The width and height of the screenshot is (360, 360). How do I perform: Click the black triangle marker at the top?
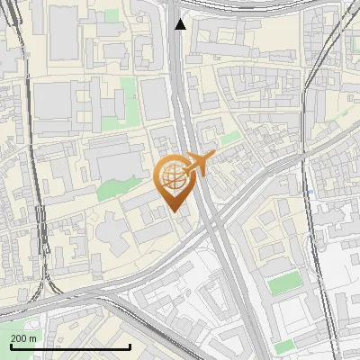click(181, 24)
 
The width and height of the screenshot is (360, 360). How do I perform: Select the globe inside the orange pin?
click(174, 177)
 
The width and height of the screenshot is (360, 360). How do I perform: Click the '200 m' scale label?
click(23, 338)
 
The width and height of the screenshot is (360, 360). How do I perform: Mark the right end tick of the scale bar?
click(130, 346)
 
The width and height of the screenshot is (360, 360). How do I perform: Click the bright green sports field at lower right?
click(284, 284)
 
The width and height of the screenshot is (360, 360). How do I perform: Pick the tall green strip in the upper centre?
click(128, 100)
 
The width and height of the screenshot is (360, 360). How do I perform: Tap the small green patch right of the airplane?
click(231, 138)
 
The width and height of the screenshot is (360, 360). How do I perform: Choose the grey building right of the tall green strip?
click(154, 98)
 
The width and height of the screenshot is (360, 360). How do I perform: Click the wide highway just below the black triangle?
click(176, 63)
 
